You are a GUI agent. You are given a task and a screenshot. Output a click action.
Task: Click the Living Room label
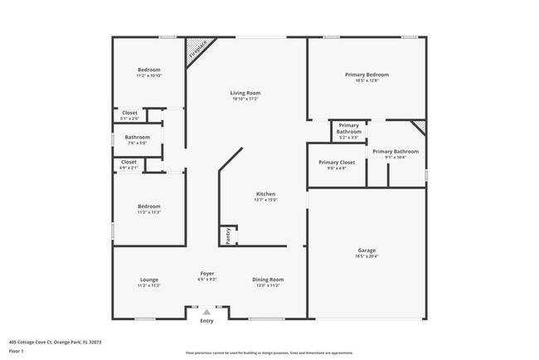[245, 92]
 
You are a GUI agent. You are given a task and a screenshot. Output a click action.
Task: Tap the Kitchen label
[265, 193]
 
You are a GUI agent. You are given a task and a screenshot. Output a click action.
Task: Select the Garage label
[367, 250]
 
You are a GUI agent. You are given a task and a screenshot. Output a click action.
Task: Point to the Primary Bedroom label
[367, 75]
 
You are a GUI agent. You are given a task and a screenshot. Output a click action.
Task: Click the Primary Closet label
[337, 162]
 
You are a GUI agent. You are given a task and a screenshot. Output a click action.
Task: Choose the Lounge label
[148, 280]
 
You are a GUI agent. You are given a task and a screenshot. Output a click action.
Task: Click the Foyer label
[207, 274]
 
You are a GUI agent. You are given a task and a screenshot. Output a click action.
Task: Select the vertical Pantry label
[228, 236]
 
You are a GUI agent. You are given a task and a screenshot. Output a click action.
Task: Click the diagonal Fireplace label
[197, 50]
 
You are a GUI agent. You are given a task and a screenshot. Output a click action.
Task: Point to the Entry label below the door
[206, 321]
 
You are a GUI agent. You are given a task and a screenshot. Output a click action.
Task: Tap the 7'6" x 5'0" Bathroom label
[137, 137]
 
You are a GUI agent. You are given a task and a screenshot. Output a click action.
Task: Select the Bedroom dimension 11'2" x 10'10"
[148, 75]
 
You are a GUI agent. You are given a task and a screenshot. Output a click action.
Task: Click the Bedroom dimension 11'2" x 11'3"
[148, 212]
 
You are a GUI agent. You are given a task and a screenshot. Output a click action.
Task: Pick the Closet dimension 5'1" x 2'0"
[130, 118]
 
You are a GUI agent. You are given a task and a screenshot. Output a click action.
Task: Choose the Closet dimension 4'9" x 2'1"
[129, 168]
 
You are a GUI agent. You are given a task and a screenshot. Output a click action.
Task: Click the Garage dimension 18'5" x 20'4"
[367, 256]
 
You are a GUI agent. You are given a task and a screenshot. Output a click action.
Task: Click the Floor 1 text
[16, 352]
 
